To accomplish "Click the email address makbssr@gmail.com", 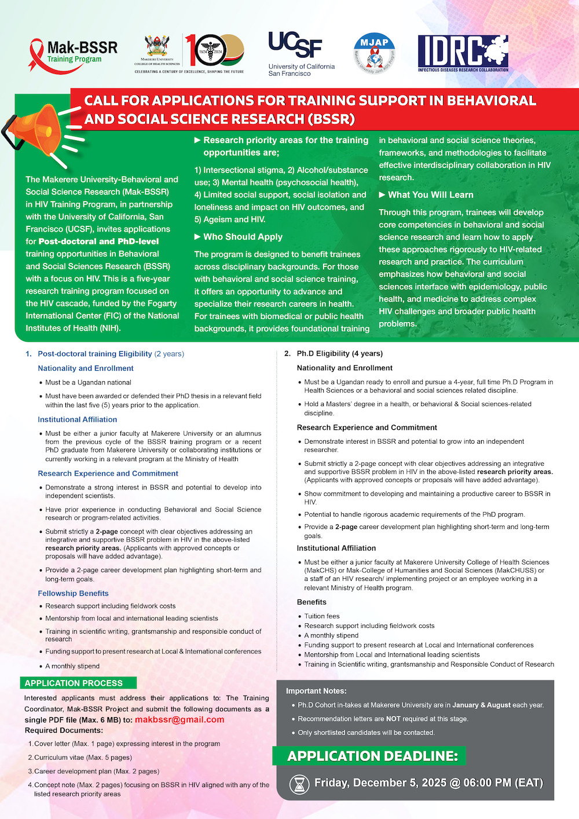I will click(x=179, y=719).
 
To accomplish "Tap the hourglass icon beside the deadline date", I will click(x=299, y=784).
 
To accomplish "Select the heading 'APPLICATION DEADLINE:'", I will click(x=372, y=756).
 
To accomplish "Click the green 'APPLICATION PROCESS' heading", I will click(x=74, y=683).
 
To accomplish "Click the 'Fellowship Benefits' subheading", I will click(x=73, y=593).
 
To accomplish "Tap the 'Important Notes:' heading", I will click(x=316, y=691).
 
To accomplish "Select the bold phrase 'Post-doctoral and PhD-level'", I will click(x=98, y=242).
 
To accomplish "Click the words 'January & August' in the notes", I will click(x=481, y=705).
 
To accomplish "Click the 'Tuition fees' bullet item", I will click(x=322, y=616).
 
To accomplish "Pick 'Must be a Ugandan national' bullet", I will click(x=88, y=382).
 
